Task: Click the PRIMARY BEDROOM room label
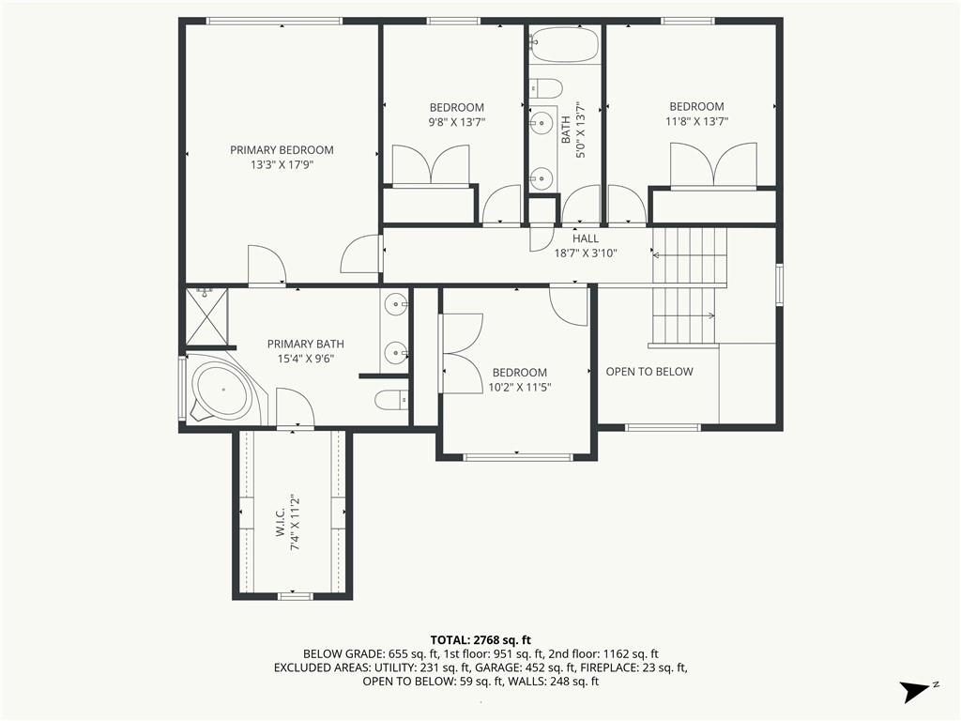282,150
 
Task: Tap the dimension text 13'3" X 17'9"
282,165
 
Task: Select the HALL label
586,238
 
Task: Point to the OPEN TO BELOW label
649,372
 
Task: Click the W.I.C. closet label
281,522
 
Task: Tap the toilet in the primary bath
391,400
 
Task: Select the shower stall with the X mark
206,317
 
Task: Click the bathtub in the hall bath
564,44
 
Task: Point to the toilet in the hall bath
546,88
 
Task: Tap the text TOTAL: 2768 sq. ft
480,641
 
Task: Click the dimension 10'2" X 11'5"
520,388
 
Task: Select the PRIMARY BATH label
306,344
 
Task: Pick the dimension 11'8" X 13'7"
697,121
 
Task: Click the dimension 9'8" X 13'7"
457,122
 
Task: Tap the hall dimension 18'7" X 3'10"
586,253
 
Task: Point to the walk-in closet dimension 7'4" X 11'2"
296,522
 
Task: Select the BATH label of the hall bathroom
566,130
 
